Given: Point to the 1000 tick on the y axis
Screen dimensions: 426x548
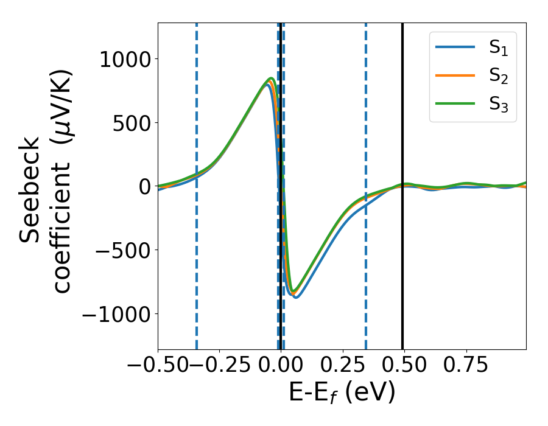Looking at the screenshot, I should [x=127, y=59].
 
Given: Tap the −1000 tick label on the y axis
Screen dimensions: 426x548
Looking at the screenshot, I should [x=118, y=314].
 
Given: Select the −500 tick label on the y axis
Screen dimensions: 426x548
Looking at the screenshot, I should [x=127, y=250].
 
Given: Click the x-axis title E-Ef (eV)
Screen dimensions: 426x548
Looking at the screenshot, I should [x=342, y=393].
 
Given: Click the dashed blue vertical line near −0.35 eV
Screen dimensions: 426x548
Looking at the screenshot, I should [x=197, y=274].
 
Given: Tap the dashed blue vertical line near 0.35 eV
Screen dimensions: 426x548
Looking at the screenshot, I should [x=366, y=274].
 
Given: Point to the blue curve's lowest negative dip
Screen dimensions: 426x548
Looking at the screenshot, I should [x=296, y=297].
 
